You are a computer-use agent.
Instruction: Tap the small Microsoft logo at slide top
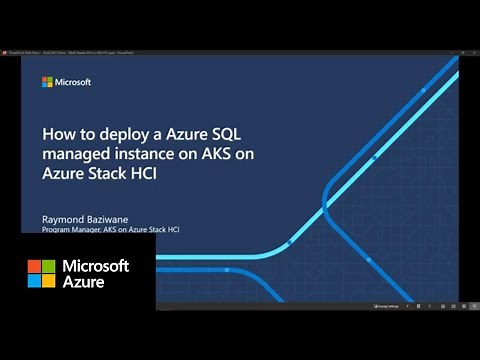(47, 82)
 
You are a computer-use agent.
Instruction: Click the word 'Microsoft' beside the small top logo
(72, 82)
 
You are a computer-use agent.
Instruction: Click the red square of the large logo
(34, 266)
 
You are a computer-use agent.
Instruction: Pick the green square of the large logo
(49, 266)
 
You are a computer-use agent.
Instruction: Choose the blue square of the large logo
(34, 281)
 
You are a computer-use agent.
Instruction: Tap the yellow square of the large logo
(49, 281)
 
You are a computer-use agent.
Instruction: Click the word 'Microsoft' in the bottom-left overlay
(96, 266)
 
